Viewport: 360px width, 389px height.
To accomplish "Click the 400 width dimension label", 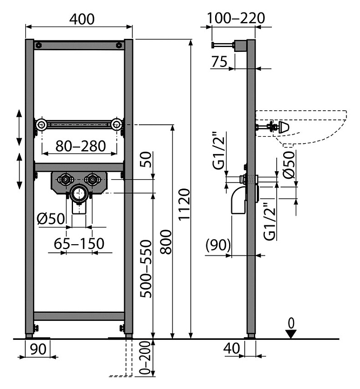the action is (x=82, y=19).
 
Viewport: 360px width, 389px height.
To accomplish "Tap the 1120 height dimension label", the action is (x=184, y=204).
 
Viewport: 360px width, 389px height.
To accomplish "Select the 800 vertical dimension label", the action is (x=166, y=242).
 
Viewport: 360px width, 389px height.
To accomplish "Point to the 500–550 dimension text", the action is (x=145, y=269).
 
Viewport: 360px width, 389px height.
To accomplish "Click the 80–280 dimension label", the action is (x=81, y=146).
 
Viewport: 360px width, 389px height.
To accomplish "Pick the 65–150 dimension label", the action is (x=79, y=244).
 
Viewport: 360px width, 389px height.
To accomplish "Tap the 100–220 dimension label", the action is (x=236, y=18).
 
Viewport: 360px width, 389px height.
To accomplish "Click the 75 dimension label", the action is (x=219, y=62).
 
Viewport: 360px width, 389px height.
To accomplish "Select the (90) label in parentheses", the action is (x=218, y=245).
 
